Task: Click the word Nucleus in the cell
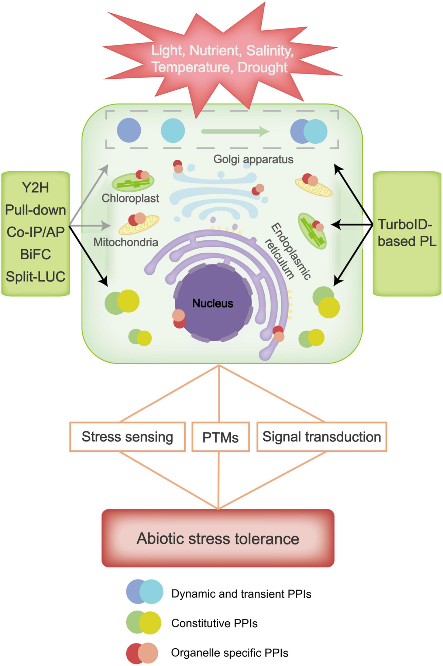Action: (x=213, y=304)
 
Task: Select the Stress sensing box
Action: (x=127, y=437)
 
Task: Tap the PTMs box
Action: (x=220, y=437)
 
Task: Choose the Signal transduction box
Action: (x=322, y=437)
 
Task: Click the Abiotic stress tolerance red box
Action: (x=218, y=538)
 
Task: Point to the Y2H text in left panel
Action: (x=35, y=188)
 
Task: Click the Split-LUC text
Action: (x=35, y=277)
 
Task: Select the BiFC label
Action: (x=35, y=255)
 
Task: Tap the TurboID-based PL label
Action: (x=407, y=233)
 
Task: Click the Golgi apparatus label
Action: (x=253, y=159)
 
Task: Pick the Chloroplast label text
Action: (x=130, y=198)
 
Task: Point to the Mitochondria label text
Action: (x=126, y=242)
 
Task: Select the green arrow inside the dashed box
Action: (x=235, y=131)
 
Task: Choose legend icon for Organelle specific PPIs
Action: (x=142, y=653)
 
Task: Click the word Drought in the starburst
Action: (x=262, y=68)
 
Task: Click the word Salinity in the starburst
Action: (x=269, y=51)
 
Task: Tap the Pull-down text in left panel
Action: (x=35, y=210)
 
